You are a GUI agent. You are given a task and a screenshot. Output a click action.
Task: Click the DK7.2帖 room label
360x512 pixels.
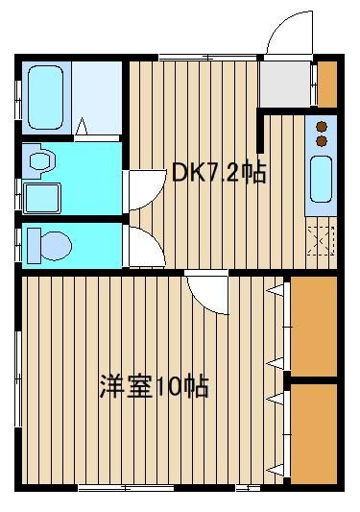pos(219,172)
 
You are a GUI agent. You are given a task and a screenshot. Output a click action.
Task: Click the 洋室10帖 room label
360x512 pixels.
pos(154,386)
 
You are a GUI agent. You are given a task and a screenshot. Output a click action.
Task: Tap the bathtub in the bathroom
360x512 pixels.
pos(45,97)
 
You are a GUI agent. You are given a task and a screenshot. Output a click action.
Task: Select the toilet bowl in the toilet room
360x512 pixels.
pos(56,246)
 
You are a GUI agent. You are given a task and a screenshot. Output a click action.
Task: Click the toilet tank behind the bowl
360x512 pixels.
pos(34,246)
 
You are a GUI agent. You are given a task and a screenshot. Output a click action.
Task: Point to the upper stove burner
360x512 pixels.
pos(322,127)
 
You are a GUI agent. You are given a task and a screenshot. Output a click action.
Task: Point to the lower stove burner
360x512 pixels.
pos(322,141)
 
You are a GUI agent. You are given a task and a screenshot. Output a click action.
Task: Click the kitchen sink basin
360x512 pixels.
pos(322,179)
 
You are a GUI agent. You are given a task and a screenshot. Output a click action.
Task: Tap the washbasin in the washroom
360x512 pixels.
pos(41,161)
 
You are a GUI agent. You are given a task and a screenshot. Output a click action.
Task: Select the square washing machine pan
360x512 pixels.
pos(42,199)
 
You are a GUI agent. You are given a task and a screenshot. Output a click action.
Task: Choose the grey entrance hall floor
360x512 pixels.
pos(284,84)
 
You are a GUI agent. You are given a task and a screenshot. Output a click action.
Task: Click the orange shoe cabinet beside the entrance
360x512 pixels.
pos(327,85)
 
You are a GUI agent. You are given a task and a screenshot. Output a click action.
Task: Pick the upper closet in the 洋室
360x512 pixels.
pos(314,327)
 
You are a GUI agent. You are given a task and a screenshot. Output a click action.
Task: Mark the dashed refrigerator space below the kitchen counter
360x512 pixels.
pos(322,240)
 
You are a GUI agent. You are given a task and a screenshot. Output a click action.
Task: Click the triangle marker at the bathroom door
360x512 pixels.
pos(82,127)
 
